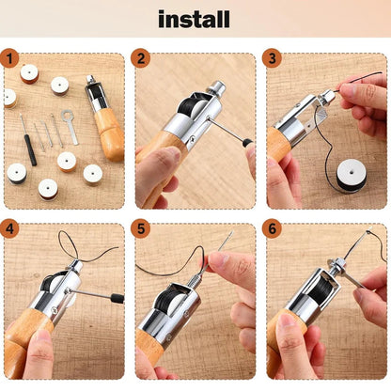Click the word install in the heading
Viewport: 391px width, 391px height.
(195, 19)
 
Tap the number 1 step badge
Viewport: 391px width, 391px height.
(10, 60)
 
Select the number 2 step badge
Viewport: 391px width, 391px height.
(142, 60)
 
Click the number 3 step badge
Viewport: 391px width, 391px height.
(274, 60)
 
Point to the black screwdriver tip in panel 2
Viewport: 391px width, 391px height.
(246, 142)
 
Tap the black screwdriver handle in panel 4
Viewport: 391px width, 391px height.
(117, 298)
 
